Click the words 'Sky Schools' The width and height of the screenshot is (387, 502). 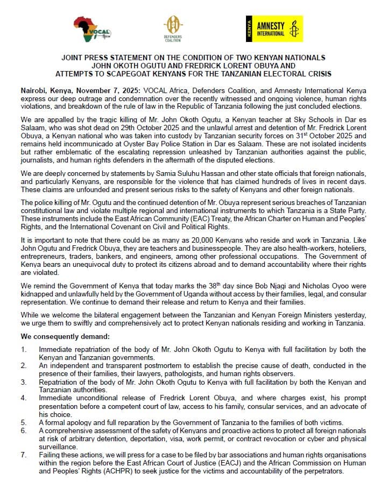point(264,119)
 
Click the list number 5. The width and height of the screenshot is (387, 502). point(23,422)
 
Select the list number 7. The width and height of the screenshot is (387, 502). point(23,455)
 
